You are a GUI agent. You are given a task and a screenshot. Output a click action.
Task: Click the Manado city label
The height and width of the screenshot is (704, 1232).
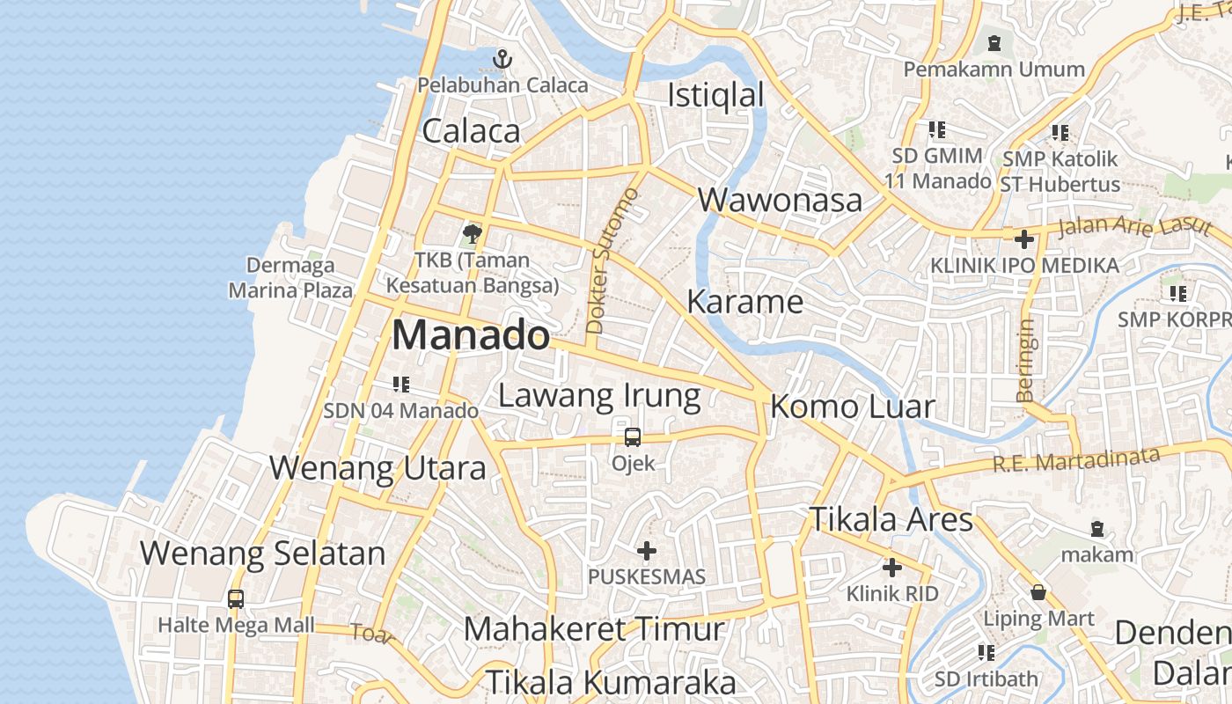pos(471,335)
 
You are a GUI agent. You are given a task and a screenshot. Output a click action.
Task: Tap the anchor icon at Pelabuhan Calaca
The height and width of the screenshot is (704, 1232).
pos(502,59)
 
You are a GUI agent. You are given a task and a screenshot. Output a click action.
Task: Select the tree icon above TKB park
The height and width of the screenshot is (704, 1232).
pos(472,234)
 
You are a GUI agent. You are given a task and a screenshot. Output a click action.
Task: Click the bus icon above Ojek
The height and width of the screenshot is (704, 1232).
pos(633,436)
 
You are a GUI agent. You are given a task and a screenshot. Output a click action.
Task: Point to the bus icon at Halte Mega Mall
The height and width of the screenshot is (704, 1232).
pos(236,598)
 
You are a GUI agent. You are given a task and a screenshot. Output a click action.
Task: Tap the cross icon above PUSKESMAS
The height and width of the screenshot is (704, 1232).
pos(647,552)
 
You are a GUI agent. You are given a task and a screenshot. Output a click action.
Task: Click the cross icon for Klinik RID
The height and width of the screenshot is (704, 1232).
pos(892,568)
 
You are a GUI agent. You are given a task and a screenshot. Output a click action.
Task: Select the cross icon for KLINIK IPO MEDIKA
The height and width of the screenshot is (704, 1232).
pos(1024,238)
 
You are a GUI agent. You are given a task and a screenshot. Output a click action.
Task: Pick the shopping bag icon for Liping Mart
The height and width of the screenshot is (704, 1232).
pos(1038,591)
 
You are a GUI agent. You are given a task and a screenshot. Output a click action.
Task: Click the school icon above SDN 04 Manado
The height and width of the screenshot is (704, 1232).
pos(401,384)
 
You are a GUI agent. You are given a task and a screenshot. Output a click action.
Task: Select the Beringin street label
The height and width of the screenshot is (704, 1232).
pos(1026,360)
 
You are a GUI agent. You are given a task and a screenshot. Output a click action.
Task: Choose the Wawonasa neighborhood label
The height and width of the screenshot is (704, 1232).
pos(780,200)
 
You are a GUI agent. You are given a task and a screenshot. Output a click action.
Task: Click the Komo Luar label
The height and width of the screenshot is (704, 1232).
pos(852,407)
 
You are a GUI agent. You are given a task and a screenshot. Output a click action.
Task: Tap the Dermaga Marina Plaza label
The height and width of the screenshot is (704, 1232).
pos(290,277)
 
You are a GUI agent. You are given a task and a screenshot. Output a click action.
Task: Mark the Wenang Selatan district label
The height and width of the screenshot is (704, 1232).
pos(262,554)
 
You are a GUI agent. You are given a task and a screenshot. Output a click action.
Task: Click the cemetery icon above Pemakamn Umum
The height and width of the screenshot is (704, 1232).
pos(994,42)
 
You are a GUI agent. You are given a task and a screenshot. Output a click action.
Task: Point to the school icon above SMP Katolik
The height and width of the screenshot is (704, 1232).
pos(1060,133)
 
